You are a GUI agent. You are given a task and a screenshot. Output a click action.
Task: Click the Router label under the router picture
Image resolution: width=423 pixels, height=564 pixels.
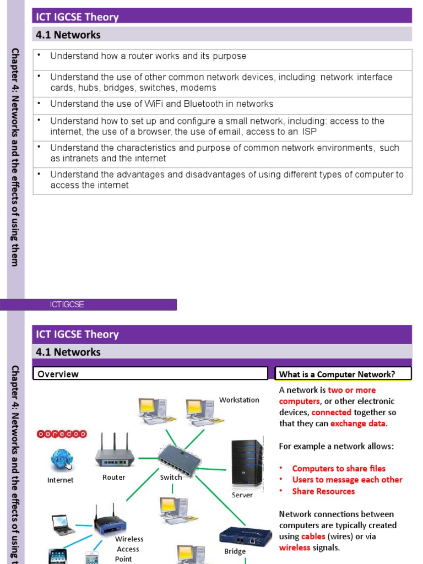point(113,478)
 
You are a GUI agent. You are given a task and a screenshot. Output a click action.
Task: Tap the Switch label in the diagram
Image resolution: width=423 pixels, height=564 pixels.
point(171,478)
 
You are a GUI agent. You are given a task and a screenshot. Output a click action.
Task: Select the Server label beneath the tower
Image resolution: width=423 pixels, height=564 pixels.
point(242,495)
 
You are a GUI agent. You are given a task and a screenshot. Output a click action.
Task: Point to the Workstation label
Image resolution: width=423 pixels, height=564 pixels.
point(239,400)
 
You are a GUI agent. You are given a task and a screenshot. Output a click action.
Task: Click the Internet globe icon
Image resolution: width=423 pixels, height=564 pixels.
point(61,459)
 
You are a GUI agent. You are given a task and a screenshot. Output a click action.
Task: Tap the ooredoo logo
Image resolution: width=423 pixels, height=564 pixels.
point(61,434)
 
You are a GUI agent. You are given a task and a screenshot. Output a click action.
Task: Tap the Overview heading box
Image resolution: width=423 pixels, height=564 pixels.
point(150,374)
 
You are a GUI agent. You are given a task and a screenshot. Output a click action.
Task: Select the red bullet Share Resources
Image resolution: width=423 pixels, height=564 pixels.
point(323,491)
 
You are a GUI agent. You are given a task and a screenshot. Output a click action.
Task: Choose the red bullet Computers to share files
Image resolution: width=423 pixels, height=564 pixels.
point(339,469)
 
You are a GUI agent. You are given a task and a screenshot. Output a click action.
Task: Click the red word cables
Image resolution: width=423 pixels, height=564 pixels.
point(313,536)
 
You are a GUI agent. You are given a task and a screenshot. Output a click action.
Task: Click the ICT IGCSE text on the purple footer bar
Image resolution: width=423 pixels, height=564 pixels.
point(67,305)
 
